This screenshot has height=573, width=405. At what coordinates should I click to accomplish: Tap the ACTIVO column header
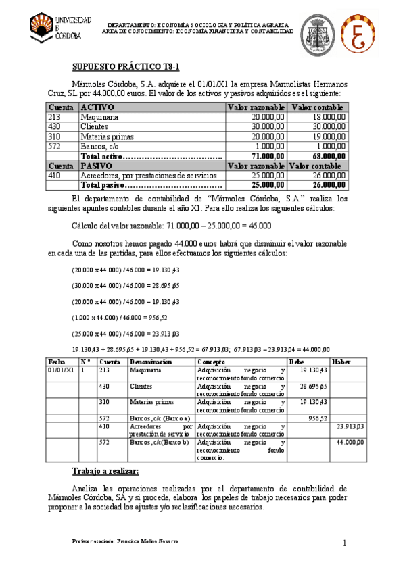pyautogui.click(x=97, y=107)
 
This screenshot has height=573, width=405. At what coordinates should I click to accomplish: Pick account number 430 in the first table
pyautogui.click(x=55, y=126)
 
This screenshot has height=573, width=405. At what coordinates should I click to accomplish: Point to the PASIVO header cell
pyautogui.click(x=97, y=166)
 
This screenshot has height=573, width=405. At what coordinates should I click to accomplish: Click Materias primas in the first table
pyautogui.click(x=106, y=136)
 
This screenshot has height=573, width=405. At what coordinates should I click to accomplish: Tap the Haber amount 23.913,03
pyautogui.click(x=350, y=426)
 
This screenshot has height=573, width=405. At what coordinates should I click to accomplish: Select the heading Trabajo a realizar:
pyautogui.click(x=105, y=470)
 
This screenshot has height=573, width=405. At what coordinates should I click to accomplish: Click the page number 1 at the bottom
pyautogui.click(x=345, y=543)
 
